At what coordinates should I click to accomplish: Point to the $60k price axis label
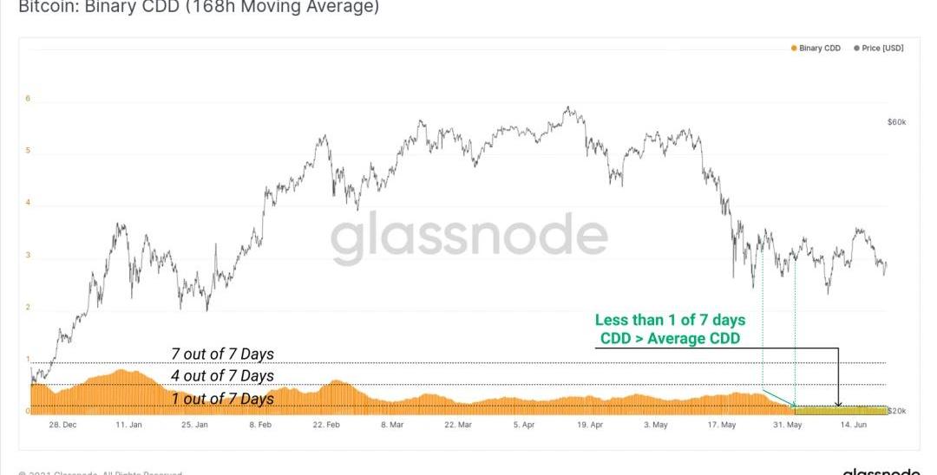coord(896,123)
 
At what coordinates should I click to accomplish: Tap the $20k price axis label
coord(897,410)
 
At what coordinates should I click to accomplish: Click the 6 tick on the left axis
coord(28,99)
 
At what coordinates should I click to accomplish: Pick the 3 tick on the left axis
coord(28,256)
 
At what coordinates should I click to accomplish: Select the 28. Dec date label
coord(62,426)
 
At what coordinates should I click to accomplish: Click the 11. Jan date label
coord(128,426)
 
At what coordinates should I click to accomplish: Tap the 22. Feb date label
coord(325,426)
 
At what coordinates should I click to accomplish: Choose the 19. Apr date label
coord(589,426)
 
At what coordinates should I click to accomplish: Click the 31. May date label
coord(786,426)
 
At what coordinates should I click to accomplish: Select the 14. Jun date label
coord(852,426)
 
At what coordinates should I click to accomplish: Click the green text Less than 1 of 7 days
coord(670,321)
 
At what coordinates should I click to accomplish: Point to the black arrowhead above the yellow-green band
coord(837,403)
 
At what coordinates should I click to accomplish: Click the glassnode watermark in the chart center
coord(469,237)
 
